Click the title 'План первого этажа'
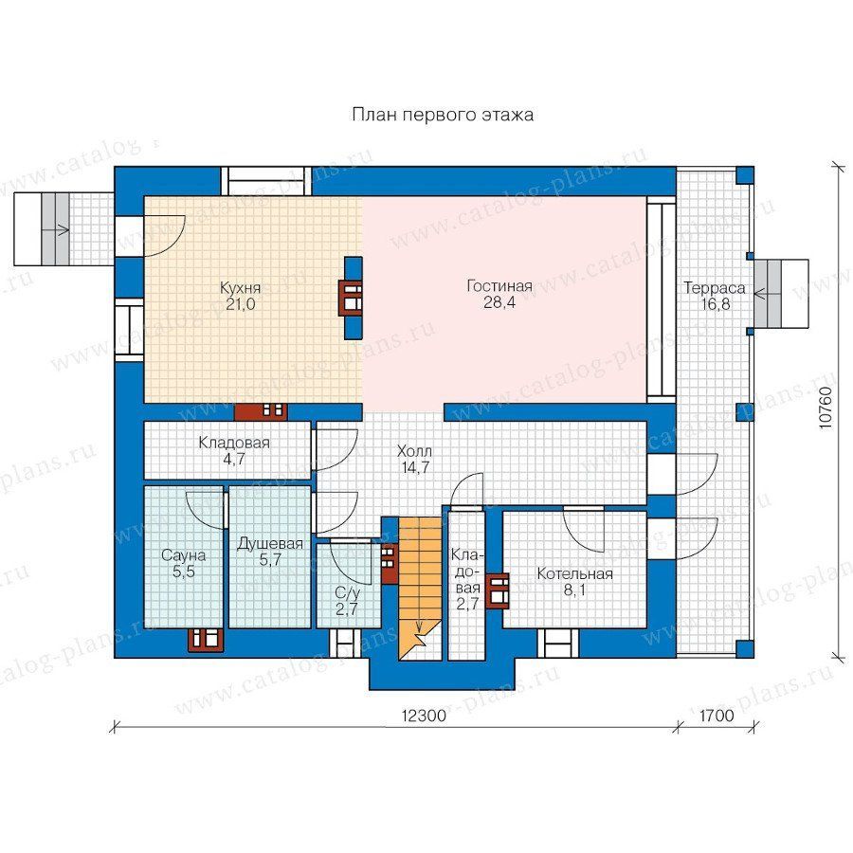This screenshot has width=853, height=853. click(x=443, y=115)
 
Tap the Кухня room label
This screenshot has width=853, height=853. click(x=240, y=287)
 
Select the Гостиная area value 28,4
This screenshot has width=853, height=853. click(x=499, y=302)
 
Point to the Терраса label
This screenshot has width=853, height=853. click(x=715, y=287)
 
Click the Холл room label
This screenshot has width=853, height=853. click(x=414, y=451)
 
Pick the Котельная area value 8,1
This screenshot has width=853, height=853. click(x=574, y=590)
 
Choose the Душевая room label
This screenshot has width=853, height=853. click(x=270, y=544)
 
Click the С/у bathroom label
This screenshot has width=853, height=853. click(x=347, y=593)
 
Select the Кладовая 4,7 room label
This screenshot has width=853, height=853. click(x=234, y=450)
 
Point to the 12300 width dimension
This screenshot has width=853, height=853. click(x=424, y=716)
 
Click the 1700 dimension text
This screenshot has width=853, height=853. click(x=717, y=716)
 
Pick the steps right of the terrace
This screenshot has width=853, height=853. click(x=780, y=294)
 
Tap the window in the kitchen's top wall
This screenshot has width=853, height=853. click(x=267, y=181)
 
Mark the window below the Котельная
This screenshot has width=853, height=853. click(x=558, y=643)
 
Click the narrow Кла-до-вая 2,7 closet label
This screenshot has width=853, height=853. click(x=466, y=579)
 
